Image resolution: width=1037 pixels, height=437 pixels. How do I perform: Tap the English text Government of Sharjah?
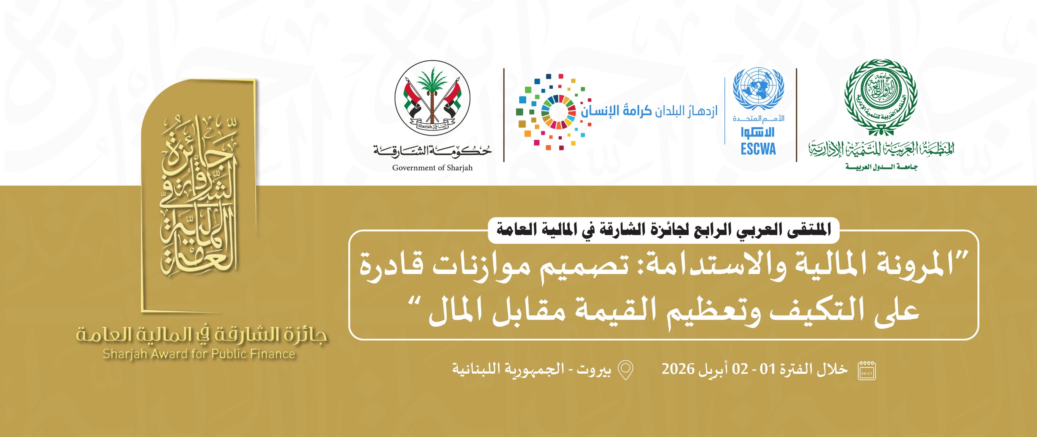[x=432, y=168]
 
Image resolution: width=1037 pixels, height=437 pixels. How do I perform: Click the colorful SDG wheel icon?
[x=558, y=112]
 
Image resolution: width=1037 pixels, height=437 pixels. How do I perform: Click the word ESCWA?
[x=758, y=149]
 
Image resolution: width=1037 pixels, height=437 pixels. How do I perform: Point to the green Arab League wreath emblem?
[x=881, y=97]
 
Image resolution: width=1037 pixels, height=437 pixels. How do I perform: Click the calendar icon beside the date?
[x=867, y=371]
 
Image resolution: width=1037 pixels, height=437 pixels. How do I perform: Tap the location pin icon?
[x=625, y=370]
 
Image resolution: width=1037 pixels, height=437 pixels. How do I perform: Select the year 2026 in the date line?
[x=678, y=369]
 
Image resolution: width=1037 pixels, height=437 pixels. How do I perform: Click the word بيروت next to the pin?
[x=594, y=369]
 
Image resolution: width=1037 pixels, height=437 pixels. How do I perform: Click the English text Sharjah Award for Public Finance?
[x=199, y=354]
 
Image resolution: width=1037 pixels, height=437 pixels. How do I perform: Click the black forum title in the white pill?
[x=664, y=230]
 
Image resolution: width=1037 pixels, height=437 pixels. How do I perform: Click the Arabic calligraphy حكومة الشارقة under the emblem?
[x=432, y=151]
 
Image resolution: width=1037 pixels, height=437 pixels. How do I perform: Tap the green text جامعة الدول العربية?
[x=881, y=167]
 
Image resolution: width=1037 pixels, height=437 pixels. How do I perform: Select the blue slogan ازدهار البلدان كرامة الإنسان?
[x=649, y=111]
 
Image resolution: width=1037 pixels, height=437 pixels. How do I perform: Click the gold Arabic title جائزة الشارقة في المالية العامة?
[x=201, y=335]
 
